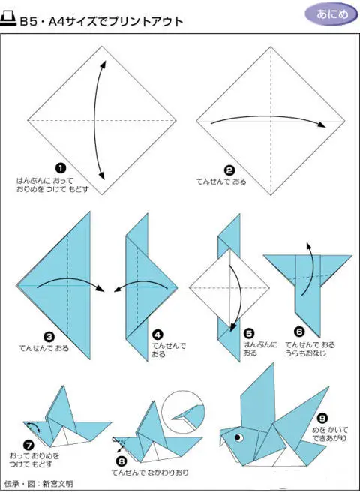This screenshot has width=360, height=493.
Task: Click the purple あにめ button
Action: pos(331,14)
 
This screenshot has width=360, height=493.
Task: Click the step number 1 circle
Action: pos(61,168)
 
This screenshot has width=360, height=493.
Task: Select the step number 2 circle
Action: pos(229,170)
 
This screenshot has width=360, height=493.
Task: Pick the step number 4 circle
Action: pos(157,335)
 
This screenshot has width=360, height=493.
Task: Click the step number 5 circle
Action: pos(249,334)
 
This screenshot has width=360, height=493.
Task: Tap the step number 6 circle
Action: pos(299,332)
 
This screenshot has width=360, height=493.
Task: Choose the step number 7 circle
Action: pos(28,445)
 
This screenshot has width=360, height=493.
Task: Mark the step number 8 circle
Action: pos(121,461)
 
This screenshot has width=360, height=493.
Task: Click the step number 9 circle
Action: pos(322,419)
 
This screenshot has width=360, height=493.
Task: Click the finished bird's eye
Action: pos(239,437)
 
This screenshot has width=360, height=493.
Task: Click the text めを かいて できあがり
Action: pos(329,434)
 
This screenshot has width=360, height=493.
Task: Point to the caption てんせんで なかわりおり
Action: pos(150,472)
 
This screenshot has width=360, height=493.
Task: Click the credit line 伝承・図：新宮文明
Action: pos(38,483)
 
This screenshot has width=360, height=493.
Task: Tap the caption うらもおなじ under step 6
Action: pos(306,353)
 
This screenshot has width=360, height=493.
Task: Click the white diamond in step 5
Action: pos(229,287)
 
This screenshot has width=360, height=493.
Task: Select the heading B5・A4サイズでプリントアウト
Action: pos(101,21)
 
